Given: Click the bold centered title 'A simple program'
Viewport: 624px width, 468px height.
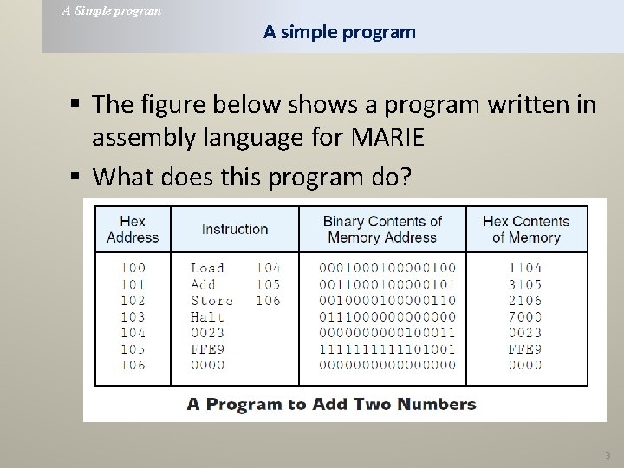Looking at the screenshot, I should tap(340, 32).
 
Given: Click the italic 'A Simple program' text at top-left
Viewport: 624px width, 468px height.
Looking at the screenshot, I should tap(111, 11).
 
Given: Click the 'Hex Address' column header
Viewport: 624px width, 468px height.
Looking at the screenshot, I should tap(133, 229).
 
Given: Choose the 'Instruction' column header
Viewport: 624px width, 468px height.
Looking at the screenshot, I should tap(235, 229).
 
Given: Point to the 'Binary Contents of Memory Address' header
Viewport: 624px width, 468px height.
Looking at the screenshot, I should tap(382, 229).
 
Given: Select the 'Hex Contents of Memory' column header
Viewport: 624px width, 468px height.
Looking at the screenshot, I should tap(525, 229).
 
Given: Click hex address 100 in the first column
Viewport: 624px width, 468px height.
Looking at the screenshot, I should tap(133, 268).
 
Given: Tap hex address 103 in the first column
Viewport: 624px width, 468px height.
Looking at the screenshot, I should tap(133, 316).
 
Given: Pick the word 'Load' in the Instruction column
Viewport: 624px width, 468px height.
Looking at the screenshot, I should tap(207, 268).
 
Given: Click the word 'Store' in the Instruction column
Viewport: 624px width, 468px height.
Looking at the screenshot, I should tap(211, 301).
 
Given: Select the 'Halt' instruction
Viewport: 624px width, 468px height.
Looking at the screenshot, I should tap(207, 316).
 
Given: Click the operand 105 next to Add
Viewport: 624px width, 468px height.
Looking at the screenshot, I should tap(268, 284).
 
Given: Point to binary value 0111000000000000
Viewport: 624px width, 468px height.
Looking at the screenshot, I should tap(387, 316).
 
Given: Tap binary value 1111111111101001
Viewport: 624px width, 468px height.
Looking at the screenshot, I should tap(387, 349).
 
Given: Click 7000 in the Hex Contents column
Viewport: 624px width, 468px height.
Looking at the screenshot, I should tap(525, 316).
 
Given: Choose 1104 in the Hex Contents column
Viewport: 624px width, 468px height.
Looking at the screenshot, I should tap(525, 268).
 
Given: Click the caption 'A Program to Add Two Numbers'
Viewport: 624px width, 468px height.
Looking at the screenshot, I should tap(332, 404).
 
